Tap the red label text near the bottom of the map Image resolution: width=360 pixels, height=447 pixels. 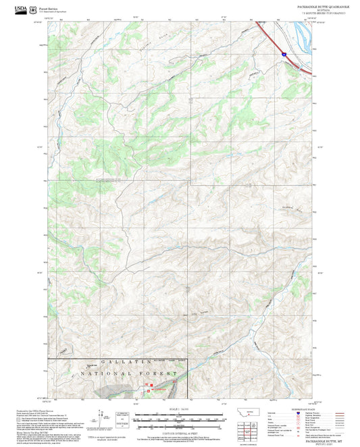point(157,390)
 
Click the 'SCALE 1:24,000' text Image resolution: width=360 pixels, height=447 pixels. point(180,409)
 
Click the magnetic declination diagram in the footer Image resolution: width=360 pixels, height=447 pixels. point(103,416)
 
